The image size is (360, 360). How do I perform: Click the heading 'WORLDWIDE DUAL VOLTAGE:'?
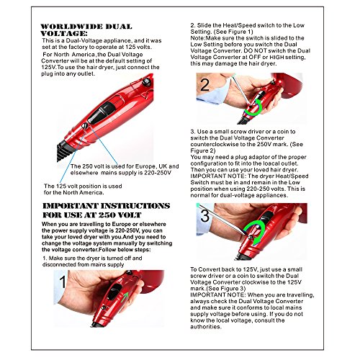[86, 30]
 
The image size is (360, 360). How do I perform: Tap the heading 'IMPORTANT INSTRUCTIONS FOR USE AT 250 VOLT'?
[107, 210]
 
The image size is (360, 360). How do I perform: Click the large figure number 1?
[63, 282]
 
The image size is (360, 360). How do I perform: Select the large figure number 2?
[204, 84]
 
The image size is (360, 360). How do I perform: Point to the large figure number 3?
[204, 215]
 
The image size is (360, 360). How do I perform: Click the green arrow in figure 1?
[125, 298]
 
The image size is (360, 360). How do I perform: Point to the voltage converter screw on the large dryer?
[84, 125]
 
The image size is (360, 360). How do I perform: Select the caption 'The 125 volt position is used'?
[83, 186]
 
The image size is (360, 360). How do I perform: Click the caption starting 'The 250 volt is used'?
[125, 170]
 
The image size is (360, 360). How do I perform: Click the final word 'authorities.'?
[206, 327]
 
